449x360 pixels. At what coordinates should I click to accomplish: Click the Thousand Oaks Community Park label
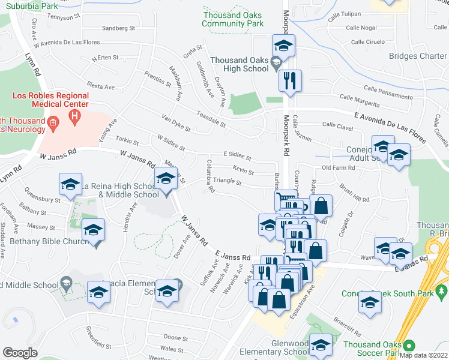[232, 19]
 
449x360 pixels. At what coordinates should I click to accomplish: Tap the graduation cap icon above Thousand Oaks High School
[283, 45]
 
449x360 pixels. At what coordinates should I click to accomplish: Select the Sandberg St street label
[118, 28]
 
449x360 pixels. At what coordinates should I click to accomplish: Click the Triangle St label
[228, 182]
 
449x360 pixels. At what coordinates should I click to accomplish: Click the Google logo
[20, 353]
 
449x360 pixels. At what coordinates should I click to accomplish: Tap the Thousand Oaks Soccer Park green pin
[409, 347]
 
